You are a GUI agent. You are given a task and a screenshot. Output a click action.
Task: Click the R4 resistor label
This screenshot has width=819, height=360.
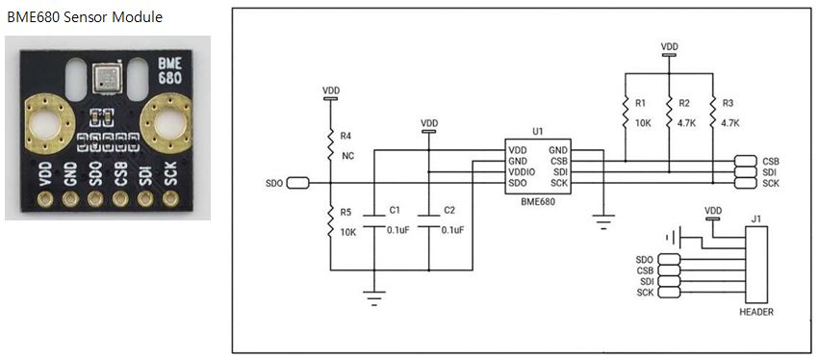coord(346,136)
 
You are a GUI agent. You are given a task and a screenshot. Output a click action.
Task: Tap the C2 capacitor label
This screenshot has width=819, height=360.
coord(449,210)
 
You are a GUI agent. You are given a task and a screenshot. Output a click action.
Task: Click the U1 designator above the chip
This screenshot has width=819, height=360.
coord(538,132)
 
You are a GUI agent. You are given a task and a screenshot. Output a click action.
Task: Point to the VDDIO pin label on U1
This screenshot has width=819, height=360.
coord(521,172)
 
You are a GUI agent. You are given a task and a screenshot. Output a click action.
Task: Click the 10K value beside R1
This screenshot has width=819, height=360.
coord(642,123)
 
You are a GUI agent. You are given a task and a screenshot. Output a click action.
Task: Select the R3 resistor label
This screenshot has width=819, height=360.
coord(727,103)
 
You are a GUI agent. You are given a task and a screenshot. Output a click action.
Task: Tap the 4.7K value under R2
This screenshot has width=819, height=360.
coord(687,123)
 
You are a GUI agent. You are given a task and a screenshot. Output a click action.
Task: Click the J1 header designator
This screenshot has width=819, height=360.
coord(755,219)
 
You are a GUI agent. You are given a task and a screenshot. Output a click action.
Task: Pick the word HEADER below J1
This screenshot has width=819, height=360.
coord(756,313)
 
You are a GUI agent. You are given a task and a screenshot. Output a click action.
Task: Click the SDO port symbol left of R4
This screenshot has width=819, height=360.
coord(297,183)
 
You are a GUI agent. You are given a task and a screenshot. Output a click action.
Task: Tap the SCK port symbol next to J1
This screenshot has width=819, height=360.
coord(669,292)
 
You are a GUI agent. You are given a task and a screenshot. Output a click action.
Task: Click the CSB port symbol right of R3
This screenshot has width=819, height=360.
coord(745,161)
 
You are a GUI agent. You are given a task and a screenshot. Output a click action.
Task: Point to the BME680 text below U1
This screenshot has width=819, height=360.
coord(537,202)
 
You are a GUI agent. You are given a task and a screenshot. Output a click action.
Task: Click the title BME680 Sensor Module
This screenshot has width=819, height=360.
coord(85,17)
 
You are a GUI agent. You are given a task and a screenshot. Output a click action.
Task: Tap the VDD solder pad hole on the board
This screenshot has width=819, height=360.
coord(46,198)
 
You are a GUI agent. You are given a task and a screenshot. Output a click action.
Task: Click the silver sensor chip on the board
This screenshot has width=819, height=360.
coord(106,78)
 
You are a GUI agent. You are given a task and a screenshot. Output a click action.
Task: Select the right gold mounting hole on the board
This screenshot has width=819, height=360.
coord(169,124)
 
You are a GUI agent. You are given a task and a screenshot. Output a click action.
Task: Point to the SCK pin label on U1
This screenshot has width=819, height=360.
coord(559,183)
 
